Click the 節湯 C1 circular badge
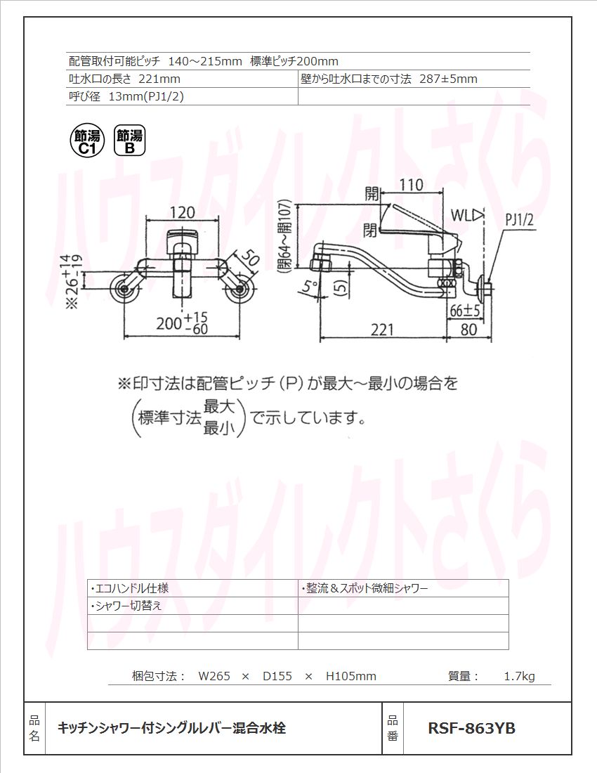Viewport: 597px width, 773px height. (x=87, y=141)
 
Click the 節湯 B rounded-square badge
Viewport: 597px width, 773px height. (x=130, y=141)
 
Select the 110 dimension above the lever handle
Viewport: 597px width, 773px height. (x=411, y=185)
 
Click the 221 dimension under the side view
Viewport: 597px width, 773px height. (x=382, y=329)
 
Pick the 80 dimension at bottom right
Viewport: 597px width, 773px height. (x=468, y=329)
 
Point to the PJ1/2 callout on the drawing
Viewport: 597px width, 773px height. (x=520, y=221)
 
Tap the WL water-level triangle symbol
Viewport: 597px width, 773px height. (x=478, y=214)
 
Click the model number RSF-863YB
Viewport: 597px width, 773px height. (x=471, y=729)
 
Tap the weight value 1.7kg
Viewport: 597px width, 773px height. (x=519, y=677)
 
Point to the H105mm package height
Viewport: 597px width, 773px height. (x=351, y=677)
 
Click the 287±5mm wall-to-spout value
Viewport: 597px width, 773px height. (x=448, y=79)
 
